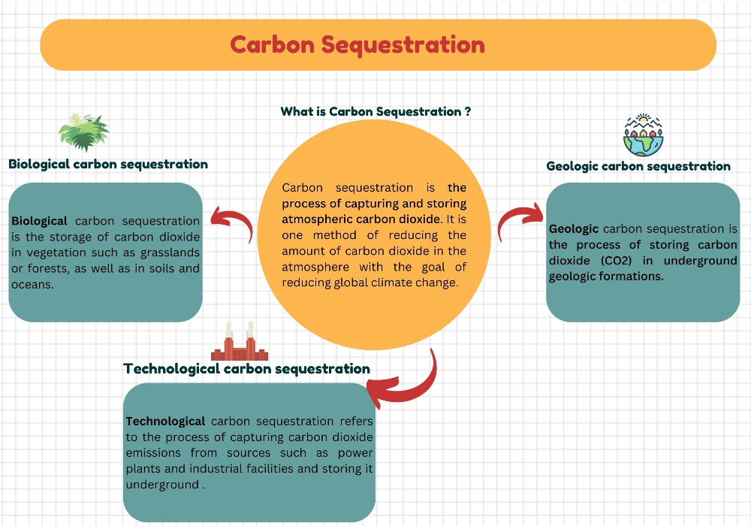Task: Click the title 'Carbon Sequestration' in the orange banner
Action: coord(357,44)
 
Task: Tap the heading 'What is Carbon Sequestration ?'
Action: coord(375,111)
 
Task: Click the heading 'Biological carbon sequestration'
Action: coord(108,164)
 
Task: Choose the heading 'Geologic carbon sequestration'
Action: coord(638,166)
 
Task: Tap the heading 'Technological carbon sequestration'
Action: coord(246,368)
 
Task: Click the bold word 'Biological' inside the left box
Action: coord(40,221)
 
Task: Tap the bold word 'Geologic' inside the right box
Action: coord(574,228)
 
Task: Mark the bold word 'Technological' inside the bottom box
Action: coord(165,421)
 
